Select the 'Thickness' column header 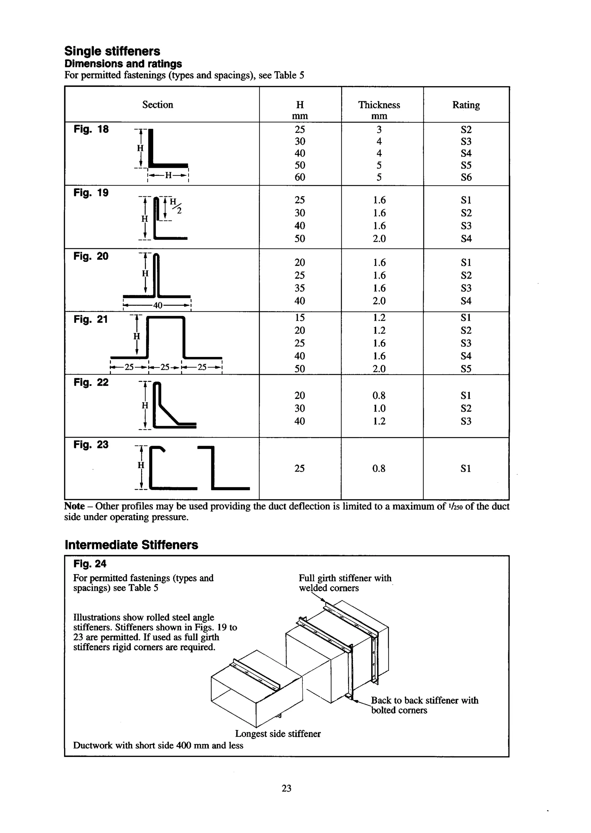[x=379, y=105]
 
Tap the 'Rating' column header [x=466, y=105]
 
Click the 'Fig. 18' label [x=91, y=129]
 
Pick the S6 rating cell [x=466, y=177]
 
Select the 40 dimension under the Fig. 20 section [x=157, y=305]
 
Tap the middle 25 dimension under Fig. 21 [x=166, y=367]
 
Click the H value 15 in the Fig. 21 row [x=300, y=318]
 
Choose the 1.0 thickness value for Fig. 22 [x=379, y=408]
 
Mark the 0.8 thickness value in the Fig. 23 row [x=379, y=469]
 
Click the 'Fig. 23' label [x=91, y=445]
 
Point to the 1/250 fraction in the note [x=456, y=506]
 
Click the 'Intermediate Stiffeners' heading [x=131, y=545]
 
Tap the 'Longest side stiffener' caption [x=278, y=734]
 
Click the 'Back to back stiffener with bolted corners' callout [x=424, y=705]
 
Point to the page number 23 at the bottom [x=286, y=788]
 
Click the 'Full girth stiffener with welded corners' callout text [x=344, y=583]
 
